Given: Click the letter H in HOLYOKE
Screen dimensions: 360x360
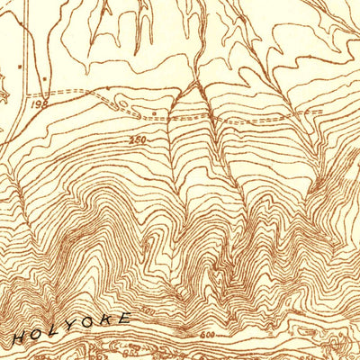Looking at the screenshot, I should tap(19, 338).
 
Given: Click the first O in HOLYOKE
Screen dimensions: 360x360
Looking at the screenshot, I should tap(37, 335).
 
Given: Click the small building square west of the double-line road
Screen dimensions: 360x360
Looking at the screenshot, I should tap(17, 66).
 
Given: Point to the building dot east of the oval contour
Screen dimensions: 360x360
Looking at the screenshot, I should tap(155, 113).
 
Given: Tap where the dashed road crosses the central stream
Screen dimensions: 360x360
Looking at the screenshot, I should tap(210, 116).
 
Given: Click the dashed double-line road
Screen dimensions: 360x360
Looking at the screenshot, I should tap(90, 94).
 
